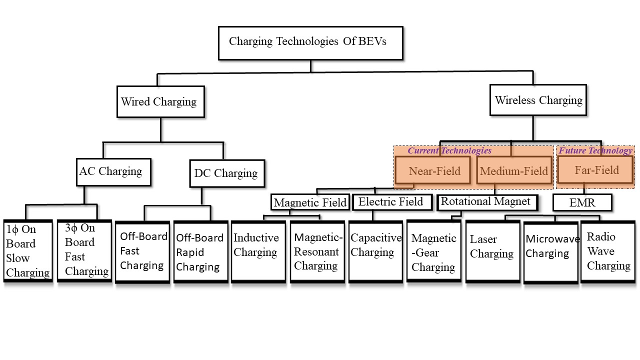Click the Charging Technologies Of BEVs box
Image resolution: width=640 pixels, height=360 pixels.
(x=310, y=42)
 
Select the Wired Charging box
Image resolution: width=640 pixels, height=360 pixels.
(x=160, y=102)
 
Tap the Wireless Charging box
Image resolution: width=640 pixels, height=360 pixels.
(x=538, y=100)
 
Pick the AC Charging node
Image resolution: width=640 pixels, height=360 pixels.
(x=114, y=172)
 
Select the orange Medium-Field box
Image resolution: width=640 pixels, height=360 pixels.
(x=513, y=171)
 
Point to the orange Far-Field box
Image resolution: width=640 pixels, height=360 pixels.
(x=596, y=170)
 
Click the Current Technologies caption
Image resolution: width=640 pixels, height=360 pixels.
(x=449, y=150)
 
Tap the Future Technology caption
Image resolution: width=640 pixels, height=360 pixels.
(x=595, y=150)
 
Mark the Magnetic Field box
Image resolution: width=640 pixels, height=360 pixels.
(x=310, y=202)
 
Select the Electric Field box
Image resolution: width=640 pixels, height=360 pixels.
(x=390, y=202)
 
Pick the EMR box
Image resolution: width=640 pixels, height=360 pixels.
(x=582, y=202)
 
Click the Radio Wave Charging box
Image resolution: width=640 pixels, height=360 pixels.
(x=607, y=251)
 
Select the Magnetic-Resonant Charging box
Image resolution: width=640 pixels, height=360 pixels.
(x=317, y=251)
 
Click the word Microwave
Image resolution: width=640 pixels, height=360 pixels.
(x=552, y=239)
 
